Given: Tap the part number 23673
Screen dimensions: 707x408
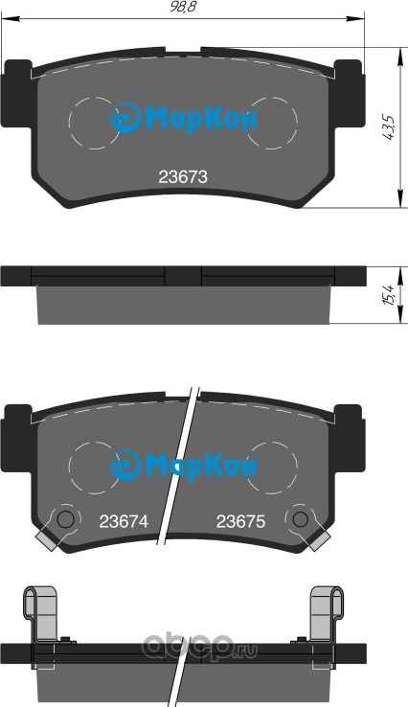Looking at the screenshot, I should [x=182, y=176].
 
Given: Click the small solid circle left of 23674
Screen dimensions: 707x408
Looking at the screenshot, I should [x=65, y=519].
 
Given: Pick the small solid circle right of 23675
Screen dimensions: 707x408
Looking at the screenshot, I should [x=301, y=519].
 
